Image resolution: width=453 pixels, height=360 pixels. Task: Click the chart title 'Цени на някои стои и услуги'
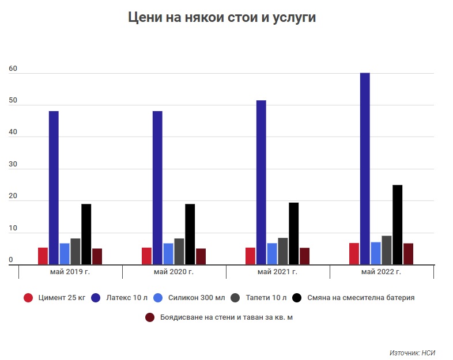coord(222,18)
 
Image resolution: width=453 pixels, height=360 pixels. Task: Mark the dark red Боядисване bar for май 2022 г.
coord(408,254)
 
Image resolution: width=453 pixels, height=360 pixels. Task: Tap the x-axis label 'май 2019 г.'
coord(70,272)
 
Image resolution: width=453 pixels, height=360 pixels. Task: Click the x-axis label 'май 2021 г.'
coord(278,272)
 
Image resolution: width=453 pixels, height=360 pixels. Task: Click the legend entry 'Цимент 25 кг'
coord(54,298)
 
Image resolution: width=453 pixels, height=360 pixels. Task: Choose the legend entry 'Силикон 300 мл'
coord(190,298)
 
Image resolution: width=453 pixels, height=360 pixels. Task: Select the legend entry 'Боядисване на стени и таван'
coord(218,317)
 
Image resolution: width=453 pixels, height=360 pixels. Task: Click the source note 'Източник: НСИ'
coord(413,351)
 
